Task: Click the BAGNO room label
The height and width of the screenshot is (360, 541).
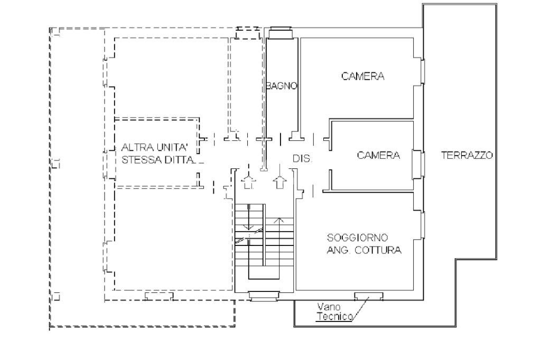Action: pyautogui.click(x=282, y=86)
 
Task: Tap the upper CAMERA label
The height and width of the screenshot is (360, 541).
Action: pyautogui.click(x=363, y=76)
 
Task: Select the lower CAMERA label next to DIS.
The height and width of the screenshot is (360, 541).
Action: pyautogui.click(x=378, y=156)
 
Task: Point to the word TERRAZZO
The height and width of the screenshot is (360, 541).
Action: pyautogui.click(x=468, y=156)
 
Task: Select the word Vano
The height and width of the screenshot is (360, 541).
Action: pyautogui.click(x=328, y=307)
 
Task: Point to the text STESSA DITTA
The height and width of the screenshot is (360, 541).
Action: pyautogui.click(x=158, y=159)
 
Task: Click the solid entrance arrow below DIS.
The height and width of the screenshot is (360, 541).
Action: pyautogui.click(x=279, y=181)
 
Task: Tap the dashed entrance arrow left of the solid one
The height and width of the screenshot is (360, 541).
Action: pyautogui.click(x=247, y=181)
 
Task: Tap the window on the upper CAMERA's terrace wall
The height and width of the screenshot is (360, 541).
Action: pyautogui.click(x=422, y=71)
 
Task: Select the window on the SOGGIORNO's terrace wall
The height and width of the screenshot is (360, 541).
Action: pyautogui.click(x=422, y=224)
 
